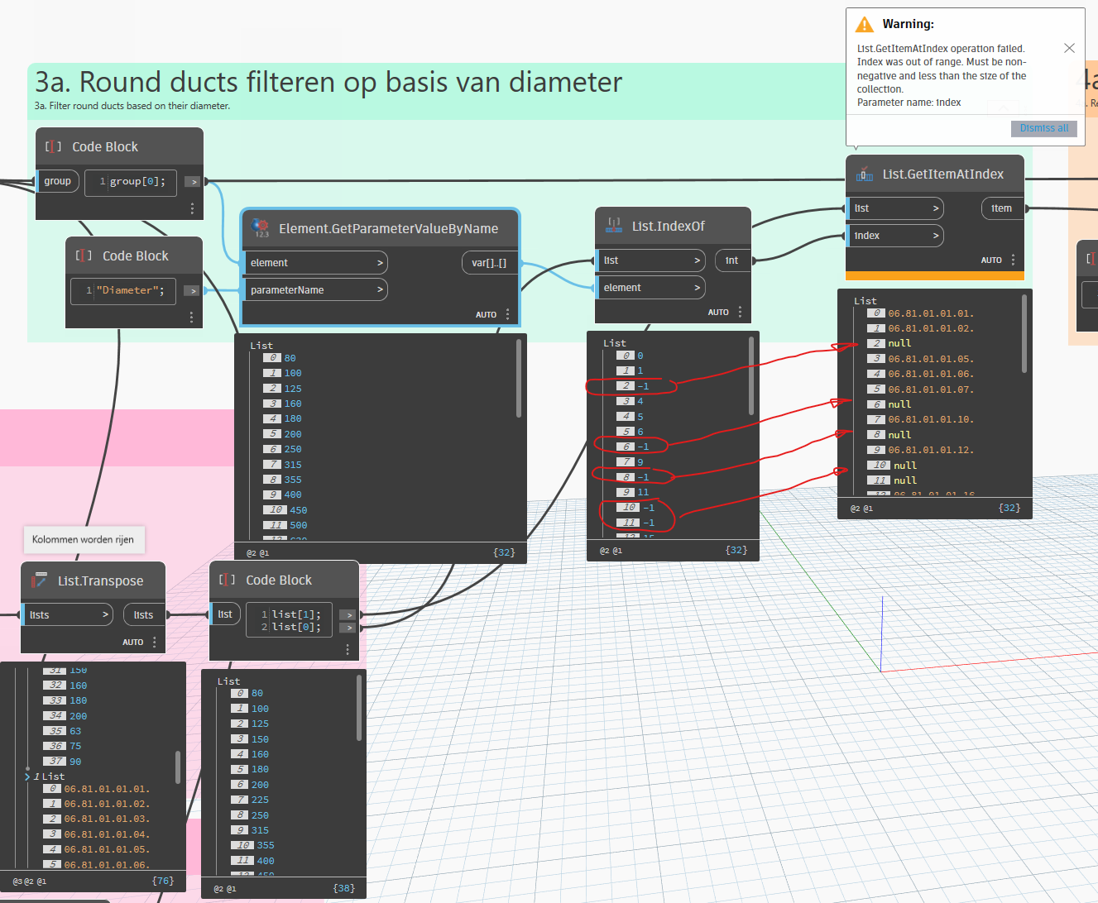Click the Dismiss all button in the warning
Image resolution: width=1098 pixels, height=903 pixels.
[1043, 128]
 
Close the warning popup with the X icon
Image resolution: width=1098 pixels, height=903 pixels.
[1069, 48]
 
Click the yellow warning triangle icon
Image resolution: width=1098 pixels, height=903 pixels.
[865, 24]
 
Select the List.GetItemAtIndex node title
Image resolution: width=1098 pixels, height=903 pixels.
[942, 174]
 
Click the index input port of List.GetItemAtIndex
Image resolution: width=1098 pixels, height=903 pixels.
[894, 236]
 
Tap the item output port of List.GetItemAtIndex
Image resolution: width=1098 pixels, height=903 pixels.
[1001, 208]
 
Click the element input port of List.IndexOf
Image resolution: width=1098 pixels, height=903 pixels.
[650, 288]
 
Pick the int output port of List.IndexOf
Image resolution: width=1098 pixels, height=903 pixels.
[731, 260]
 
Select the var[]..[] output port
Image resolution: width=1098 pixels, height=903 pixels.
[489, 263]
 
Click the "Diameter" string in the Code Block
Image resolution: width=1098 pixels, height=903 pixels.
[130, 290]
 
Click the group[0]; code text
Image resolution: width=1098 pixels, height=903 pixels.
[137, 181]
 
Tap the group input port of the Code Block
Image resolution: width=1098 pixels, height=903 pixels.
[58, 181]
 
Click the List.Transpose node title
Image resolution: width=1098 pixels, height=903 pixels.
[100, 580]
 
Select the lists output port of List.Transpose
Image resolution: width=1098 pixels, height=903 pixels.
[143, 615]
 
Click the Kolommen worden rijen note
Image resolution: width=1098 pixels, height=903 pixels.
[83, 540]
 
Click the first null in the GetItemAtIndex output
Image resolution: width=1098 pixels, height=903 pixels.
[899, 343]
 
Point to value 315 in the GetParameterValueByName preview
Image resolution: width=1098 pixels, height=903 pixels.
[293, 465]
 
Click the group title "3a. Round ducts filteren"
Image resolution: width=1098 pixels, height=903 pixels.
[328, 83]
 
